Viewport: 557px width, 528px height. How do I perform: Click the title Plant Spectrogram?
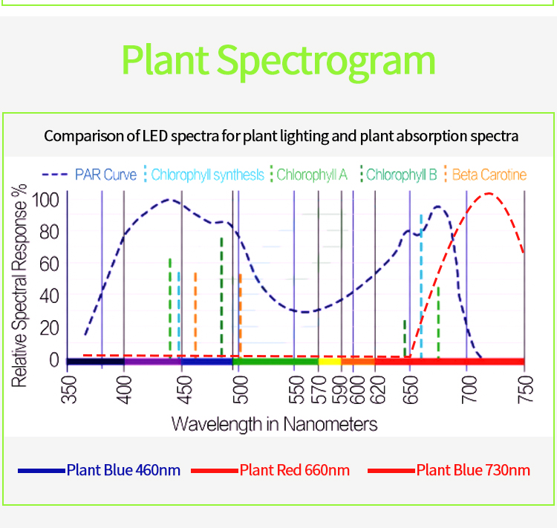278,59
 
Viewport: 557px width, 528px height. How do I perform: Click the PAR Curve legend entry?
105,175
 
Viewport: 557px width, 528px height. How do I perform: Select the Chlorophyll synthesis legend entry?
207,175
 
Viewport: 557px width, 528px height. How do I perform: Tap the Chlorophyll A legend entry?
312,175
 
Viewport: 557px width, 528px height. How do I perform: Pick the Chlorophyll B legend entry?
401,175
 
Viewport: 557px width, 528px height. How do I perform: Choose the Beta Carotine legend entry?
489,175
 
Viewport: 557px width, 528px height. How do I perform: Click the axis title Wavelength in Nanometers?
274,424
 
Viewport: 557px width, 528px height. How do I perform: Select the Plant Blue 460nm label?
123,470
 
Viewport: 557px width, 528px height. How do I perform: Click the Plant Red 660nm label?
294,470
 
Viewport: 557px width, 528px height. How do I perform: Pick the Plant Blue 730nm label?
473,470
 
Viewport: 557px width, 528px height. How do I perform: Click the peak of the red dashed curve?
489,194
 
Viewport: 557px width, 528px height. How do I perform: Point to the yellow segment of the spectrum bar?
330,361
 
